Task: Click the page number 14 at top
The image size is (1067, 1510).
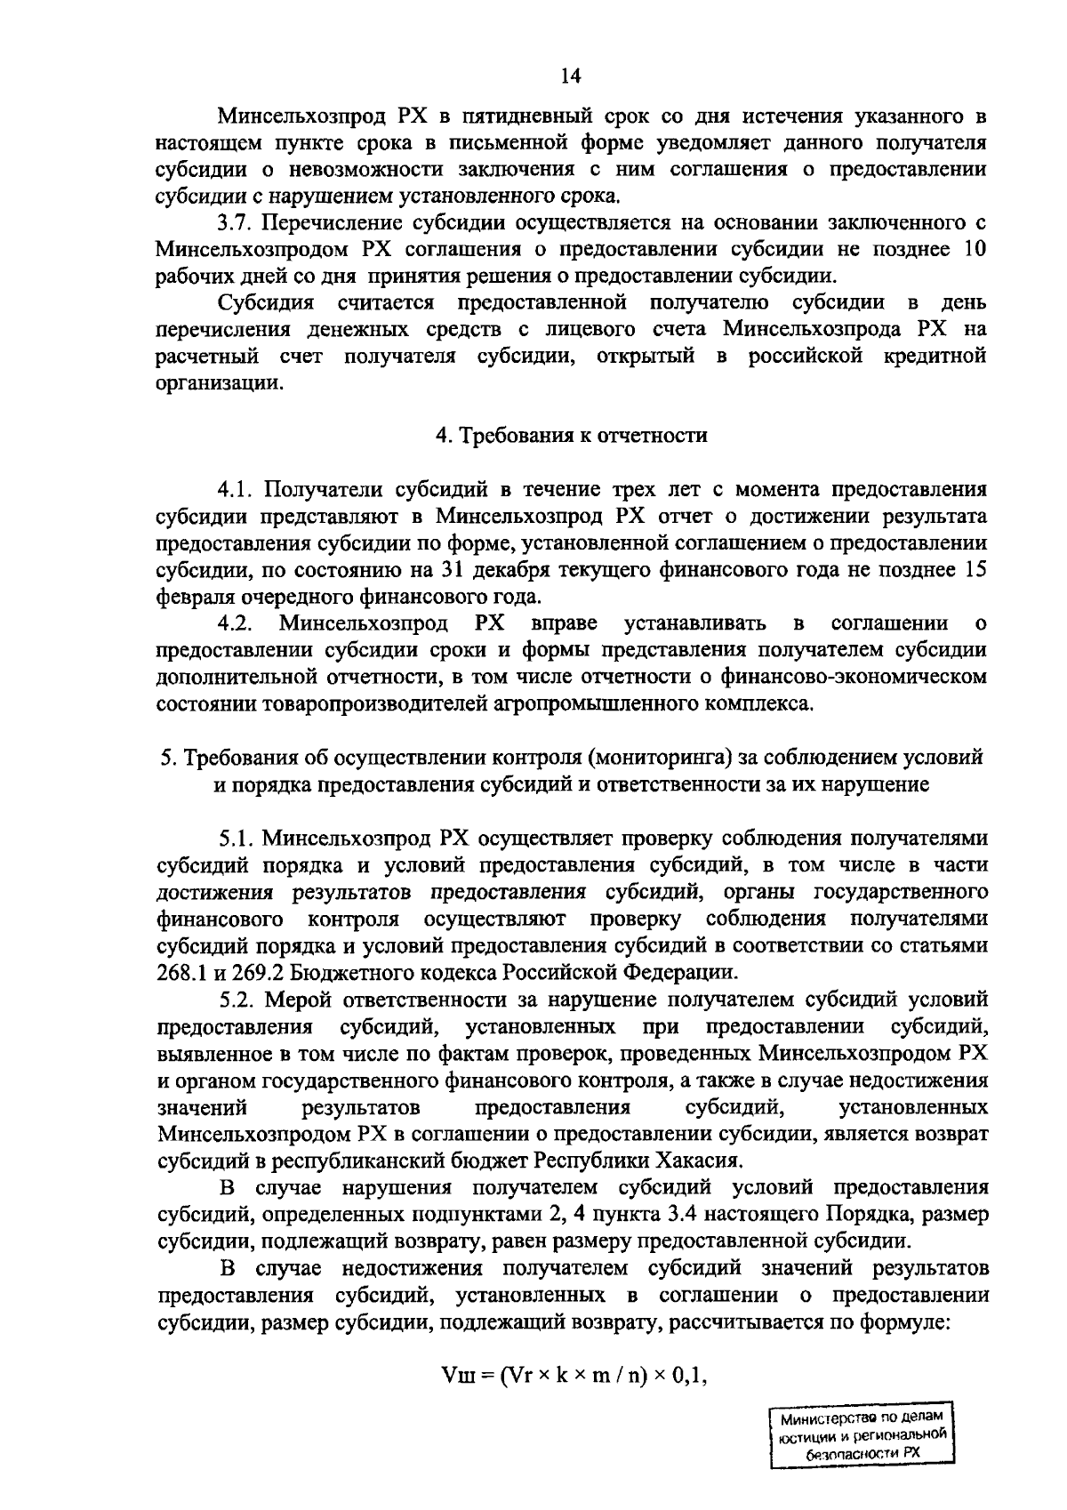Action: click(x=570, y=76)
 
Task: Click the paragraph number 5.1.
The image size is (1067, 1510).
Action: click(x=237, y=838)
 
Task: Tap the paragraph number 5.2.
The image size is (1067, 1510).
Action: click(x=237, y=1000)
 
